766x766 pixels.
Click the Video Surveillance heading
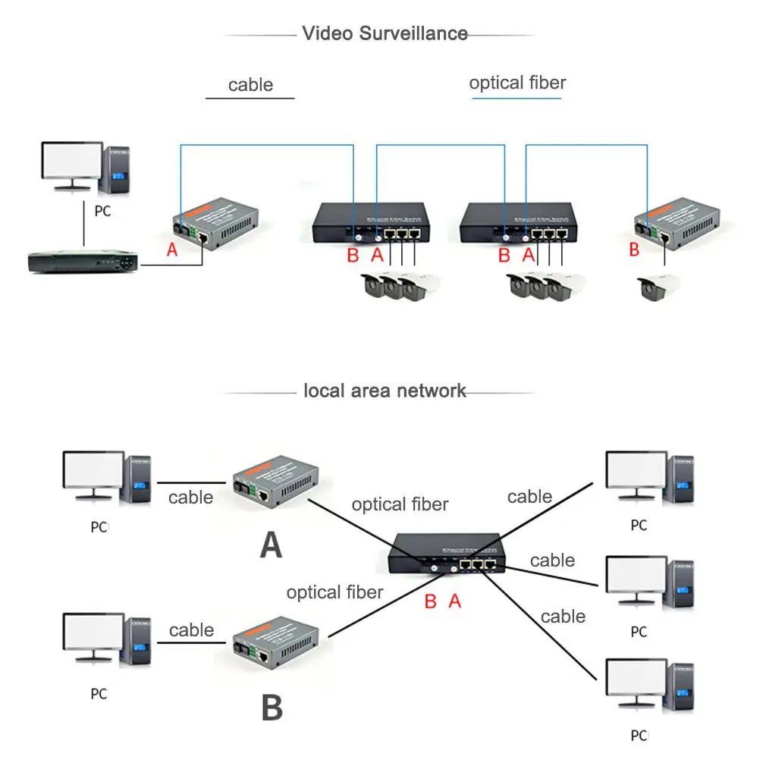point(385,33)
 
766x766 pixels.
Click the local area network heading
point(385,391)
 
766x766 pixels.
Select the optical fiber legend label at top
point(517,83)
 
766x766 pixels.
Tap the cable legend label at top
point(250,85)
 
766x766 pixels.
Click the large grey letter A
point(271,545)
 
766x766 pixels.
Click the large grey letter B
point(272,707)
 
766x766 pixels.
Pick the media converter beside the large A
point(275,480)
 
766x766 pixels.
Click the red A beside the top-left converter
point(172,250)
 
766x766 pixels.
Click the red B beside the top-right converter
point(634,250)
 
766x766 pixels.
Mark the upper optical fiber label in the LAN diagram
point(400,504)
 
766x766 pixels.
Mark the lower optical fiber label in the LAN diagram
point(334,592)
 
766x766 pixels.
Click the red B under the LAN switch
point(430,601)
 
